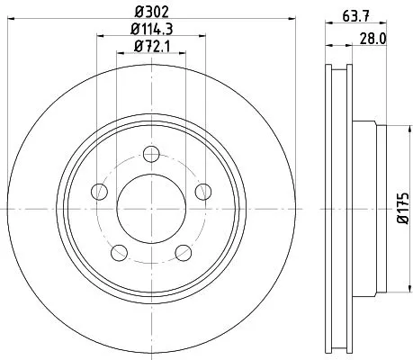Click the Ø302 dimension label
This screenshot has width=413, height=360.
tap(152, 13)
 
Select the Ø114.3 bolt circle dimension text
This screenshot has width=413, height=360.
tap(152, 30)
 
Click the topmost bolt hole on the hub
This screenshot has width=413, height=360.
tap(151, 152)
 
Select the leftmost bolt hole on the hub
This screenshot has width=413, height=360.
tap(100, 190)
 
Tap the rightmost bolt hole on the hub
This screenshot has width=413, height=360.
tap(203, 190)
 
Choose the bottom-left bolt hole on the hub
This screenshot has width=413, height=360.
tap(120, 250)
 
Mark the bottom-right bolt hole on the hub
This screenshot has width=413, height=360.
tap(184, 250)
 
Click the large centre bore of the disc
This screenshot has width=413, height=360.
tap(151, 206)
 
